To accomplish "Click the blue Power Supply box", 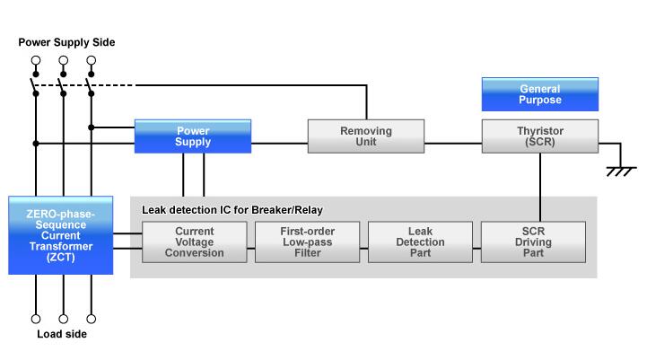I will click(x=192, y=136).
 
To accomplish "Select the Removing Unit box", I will click(x=365, y=136).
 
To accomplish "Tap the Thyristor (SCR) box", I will click(x=540, y=136).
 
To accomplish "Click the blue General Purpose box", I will click(x=540, y=94).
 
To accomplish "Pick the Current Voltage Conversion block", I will click(x=195, y=242).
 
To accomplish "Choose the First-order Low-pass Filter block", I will click(x=308, y=242).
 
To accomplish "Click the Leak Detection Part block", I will click(x=420, y=242).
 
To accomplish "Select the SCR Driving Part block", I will click(x=533, y=242).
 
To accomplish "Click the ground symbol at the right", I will click(x=616, y=171).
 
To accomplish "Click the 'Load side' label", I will click(x=62, y=335).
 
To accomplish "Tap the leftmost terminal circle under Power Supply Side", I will click(x=36, y=62).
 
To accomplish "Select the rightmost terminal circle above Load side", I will click(x=91, y=318).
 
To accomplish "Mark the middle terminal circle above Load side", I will click(x=63, y=318).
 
